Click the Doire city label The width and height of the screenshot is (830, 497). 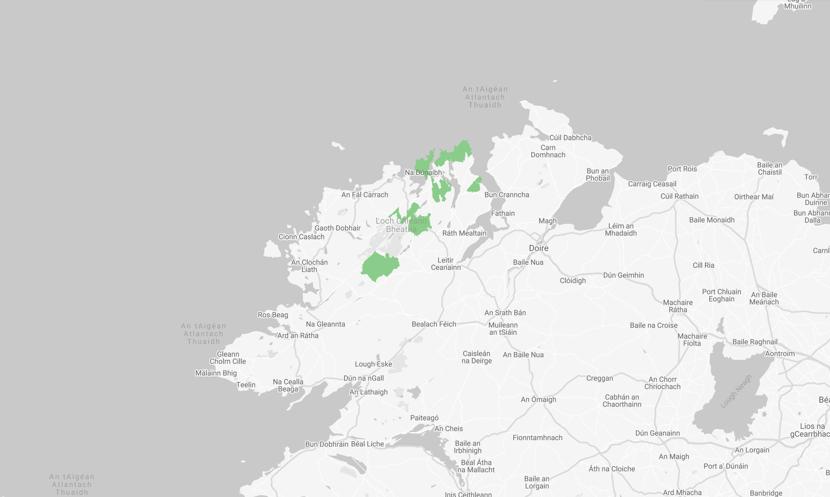point(538,248)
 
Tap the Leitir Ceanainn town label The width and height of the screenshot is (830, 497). point(446,264)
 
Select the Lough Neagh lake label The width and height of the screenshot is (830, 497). point(736,391)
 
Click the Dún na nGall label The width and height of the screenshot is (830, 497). point(363,378)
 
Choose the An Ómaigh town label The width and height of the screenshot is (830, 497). point(538,399)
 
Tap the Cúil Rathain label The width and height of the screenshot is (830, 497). point(679,196)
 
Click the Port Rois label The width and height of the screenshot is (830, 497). point(682,169)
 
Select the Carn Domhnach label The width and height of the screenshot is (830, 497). point(548,151)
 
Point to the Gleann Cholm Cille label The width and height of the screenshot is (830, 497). point(228,358)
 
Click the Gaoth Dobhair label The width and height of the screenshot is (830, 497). point(337,228)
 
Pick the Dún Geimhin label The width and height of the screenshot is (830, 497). point(623,275)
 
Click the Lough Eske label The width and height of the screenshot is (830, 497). point(373,364)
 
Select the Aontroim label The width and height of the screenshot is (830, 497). point(779,354)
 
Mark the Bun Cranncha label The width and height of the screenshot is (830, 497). point(507,195)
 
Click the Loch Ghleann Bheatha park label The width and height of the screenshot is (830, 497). point(401,225)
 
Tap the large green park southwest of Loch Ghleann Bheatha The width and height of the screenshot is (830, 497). point(380,266)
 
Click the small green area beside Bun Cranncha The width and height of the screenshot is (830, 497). point(474,185)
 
